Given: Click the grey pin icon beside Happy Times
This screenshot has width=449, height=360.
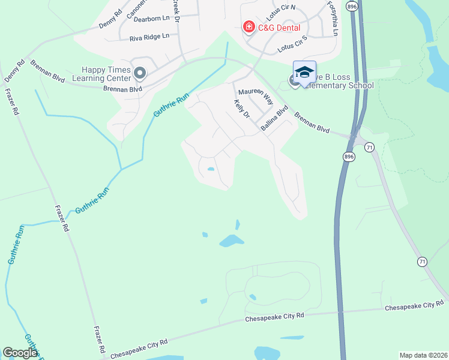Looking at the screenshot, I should pyautogui.click(x=140, y=74).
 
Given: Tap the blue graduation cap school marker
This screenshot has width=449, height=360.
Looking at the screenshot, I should pyautogui.click(x=304, y=73).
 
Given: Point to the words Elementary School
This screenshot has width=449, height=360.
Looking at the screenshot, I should pyautogui.click(x=342, y=86).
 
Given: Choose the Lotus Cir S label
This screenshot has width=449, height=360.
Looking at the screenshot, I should pyautogui.click(x=292, y=42).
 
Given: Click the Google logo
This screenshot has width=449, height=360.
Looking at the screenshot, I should pyautogui.click(x=20, y=353).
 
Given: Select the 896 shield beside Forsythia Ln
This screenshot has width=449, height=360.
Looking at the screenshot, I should pyautogui.click(x=352, y=6).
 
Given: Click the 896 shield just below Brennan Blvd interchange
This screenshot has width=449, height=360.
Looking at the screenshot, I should pyautogui.click(x=349, y=157).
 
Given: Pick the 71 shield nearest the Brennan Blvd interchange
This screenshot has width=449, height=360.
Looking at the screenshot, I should pyautogui.click(x=369, y=146).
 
